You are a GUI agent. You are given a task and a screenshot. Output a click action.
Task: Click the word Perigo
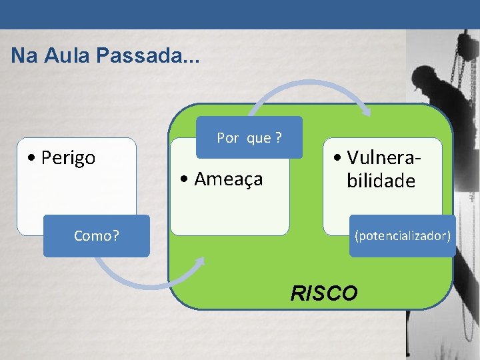(68, 158)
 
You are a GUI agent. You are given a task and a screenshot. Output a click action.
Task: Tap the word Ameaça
(229, 179)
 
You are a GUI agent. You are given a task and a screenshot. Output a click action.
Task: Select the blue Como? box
(97, 235)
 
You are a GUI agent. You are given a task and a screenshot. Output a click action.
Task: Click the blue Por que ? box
(249, 138)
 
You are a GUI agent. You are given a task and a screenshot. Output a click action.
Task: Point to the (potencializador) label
(403, 235)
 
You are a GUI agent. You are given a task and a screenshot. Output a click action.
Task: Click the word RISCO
(324, 293)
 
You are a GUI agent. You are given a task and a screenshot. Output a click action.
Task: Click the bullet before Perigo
(32, 159)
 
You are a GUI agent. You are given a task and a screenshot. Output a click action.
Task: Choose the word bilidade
(381, 181)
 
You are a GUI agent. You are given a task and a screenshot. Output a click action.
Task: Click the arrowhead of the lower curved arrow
(199, 263)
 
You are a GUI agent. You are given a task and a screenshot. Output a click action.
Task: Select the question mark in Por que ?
(277, 138)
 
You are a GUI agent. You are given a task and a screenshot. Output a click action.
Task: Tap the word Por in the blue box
(227, 138)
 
